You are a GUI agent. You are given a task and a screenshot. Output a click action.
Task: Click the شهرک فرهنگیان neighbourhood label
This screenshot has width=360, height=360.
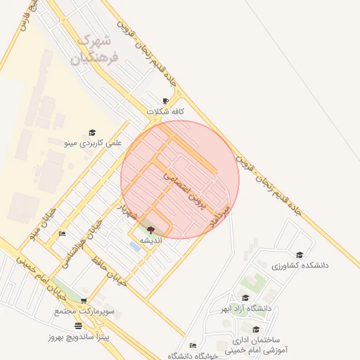point(96,49)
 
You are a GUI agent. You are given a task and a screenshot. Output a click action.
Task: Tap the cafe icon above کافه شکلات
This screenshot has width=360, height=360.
point(166,101)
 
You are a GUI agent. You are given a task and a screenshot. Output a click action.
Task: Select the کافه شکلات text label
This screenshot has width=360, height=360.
point(166,112)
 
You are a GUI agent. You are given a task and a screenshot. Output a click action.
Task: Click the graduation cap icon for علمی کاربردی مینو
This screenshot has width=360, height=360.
point(92,132)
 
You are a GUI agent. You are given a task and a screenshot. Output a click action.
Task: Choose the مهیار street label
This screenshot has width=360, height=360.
point(126,209)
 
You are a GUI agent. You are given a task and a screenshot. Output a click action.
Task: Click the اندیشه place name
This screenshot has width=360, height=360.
point(150,240)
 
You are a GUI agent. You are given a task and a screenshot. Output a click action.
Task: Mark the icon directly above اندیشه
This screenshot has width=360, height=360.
point(150,230)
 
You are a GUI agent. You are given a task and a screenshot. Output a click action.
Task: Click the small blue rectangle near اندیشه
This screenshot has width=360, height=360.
point(134,246)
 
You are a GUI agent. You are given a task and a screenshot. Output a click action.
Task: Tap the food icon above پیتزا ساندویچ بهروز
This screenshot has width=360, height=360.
point(77,326)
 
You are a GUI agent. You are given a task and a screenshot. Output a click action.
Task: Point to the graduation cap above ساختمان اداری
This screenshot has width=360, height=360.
point(256,329)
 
